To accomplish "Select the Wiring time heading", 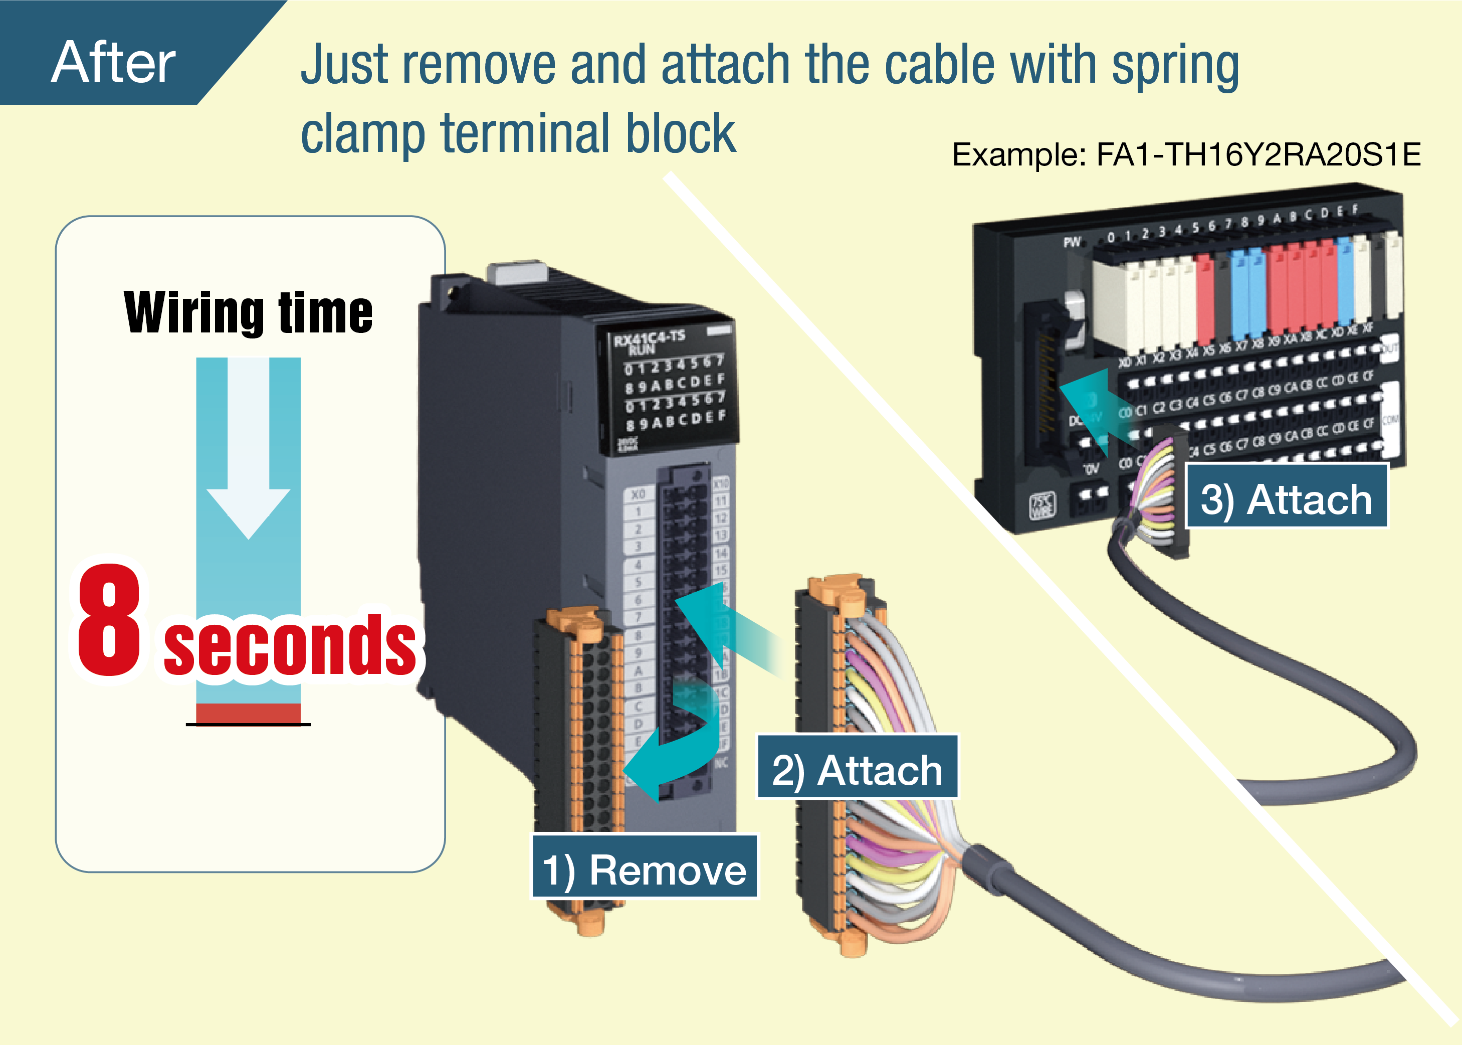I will [x=248, y=313].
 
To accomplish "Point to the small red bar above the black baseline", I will [x=248, y=713].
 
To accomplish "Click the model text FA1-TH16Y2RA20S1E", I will [x=1258, y=155].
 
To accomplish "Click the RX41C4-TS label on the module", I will [x=649, y=338].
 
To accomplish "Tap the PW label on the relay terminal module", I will [x=1072, y=243].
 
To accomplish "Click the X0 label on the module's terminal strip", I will [x=638, y=494].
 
